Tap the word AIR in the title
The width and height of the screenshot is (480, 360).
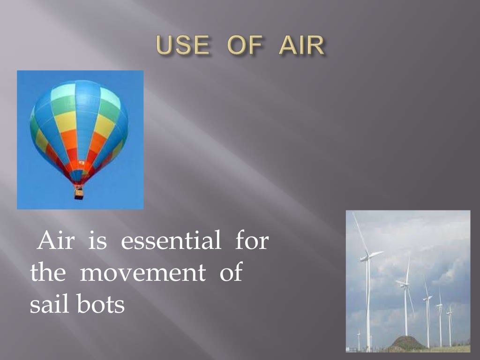(x=301, y=46)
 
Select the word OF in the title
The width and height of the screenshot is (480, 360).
(x=243, y=46)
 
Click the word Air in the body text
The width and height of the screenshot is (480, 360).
(x=53, y=241)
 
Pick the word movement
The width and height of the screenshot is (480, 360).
(x=142, y=273)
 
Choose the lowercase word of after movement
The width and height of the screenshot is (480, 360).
(x=231, y=273)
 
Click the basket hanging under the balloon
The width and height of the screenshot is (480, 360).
(x=79, y=192)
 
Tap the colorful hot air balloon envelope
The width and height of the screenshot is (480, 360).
(x=79, y=127)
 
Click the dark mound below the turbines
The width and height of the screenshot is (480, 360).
(x=408, y=343)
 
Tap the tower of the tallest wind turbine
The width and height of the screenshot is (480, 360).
(x=368, y=305)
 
